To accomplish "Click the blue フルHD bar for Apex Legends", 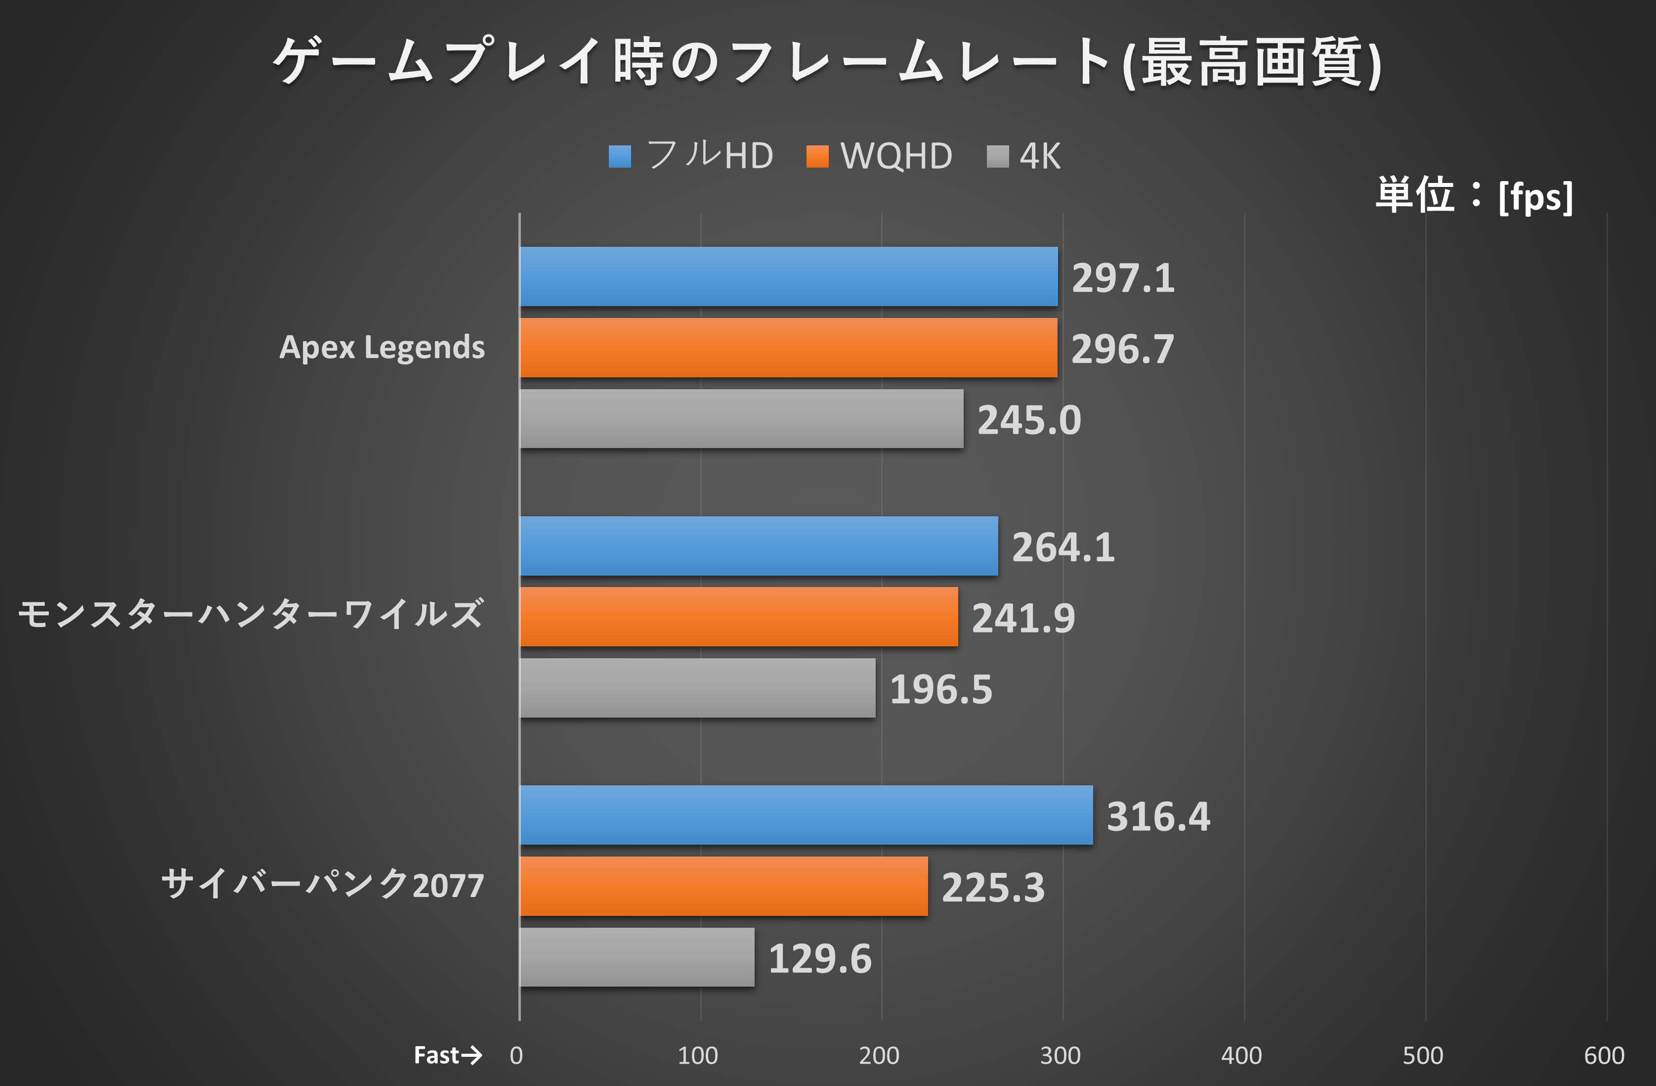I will (788, 276).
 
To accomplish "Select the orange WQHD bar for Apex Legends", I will (788, 347).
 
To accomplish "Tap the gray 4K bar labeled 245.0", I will (741, 418).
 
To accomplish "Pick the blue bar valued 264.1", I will (759, 546).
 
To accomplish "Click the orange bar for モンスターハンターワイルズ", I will (738, 617).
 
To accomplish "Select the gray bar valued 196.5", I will (697, 688).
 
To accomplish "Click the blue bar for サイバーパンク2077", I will (806, 815).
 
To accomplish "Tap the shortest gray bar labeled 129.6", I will (637, 957).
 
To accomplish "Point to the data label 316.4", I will (1158, 816).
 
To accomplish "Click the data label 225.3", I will (993, 888).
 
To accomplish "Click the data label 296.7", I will (1122, 349).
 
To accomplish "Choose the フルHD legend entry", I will (691, 155).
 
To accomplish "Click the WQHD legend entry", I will (880, 156).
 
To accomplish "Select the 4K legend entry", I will (1024, 156).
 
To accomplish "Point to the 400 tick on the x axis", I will (1241, 1055).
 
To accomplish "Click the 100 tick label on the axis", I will (697, 1055).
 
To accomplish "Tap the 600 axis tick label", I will (1604, 1055).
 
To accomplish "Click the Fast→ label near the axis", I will (447, 1055).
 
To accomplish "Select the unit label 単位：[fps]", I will (1474, 196).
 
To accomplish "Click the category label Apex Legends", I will (382, 347).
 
